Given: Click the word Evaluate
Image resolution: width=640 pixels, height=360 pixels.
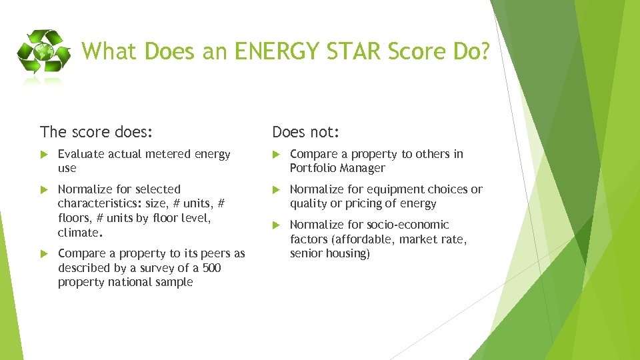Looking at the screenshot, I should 81,154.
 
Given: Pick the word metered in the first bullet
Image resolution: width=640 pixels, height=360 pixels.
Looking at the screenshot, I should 167,154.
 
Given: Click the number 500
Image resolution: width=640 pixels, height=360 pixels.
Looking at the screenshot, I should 211,268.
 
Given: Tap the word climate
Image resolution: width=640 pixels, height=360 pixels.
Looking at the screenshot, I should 78,233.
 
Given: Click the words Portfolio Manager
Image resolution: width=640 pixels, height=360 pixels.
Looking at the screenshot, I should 337,168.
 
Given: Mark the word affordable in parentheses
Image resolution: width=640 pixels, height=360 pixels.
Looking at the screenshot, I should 363,239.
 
